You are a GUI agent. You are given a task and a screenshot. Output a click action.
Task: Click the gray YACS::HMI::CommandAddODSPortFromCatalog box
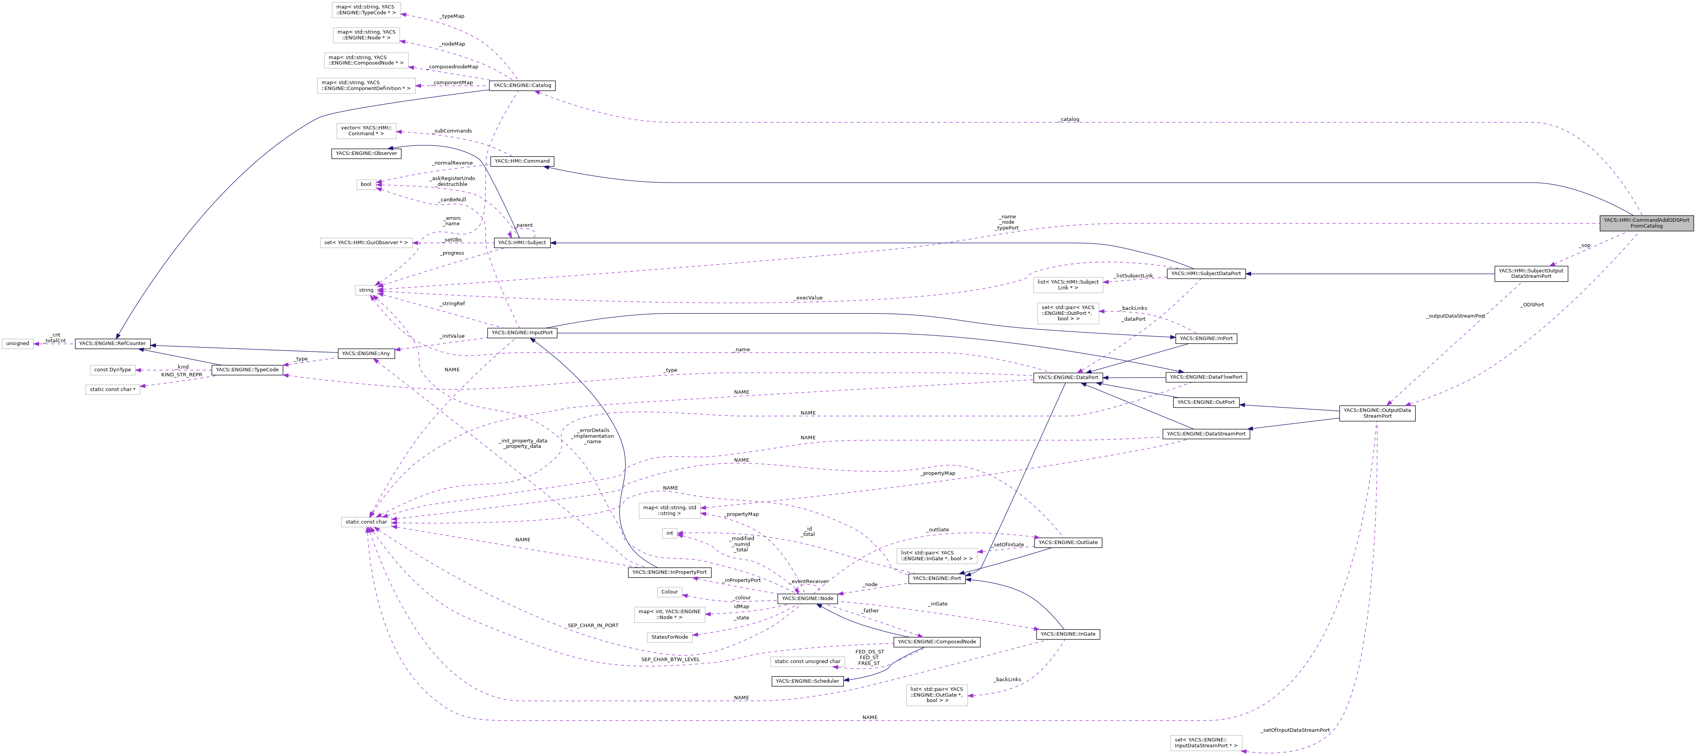coord(1646,223)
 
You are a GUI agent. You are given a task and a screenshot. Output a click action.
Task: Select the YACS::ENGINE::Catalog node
coord(522,85)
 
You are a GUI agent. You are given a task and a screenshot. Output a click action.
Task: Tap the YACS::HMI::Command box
coord(522,161)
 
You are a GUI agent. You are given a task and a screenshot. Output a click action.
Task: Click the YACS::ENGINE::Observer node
coord(366,153)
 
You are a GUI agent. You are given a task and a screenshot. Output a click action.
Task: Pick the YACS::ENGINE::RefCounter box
coord(112,343)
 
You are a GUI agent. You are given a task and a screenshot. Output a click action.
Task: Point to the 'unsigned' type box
coord(18,343)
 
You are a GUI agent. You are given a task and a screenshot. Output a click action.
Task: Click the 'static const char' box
coord(366,522)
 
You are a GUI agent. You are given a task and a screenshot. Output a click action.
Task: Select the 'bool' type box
coord(366,184)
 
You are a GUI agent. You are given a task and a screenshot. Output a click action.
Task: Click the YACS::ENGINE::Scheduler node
coord(807,681)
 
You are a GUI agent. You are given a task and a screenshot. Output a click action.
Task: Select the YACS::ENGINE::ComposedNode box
coord(937,642)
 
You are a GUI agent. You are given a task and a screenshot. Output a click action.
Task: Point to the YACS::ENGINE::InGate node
coord(1068,634)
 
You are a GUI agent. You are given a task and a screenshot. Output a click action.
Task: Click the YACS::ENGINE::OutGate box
coord(1067,543)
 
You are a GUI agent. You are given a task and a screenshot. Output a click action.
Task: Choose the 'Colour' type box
coord(670,592)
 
